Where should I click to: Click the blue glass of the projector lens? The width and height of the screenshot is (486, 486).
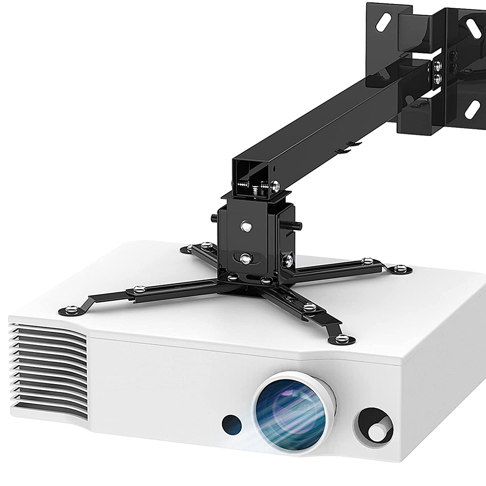coord(290,411)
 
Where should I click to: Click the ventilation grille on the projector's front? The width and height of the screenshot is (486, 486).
coord(49,369)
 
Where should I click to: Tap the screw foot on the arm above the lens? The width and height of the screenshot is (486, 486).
coord(342,338)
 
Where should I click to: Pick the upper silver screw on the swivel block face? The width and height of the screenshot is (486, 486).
coord(246,225)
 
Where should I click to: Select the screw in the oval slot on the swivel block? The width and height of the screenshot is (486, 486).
coord(246,259)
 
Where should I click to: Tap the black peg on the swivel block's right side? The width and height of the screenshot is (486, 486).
coord(295,226)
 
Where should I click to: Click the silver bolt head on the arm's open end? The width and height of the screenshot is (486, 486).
coord(275,185)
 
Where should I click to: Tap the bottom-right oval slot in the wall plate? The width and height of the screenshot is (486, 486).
coord(472,109)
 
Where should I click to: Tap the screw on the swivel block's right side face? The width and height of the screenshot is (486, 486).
coord(288,261)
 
